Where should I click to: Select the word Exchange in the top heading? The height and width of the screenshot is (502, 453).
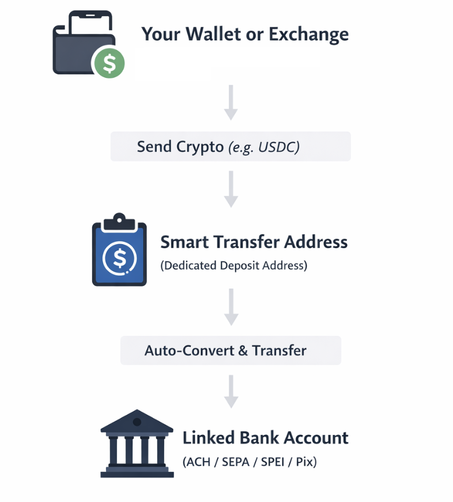click(x=308, y=35)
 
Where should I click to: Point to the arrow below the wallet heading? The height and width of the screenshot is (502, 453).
click(x=231, y=103)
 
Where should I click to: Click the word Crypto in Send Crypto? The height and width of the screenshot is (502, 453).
click(x=200, y=147)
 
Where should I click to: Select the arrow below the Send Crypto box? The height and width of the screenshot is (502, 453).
click(x=231, y=189)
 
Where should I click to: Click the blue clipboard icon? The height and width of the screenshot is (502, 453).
click(x=119, y=250)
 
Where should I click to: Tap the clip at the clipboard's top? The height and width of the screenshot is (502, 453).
click(x=119, y=222)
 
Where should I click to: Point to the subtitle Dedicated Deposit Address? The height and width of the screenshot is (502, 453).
click(x=233, y=265)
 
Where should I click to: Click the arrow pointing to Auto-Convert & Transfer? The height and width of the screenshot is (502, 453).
click(x=231, y=307)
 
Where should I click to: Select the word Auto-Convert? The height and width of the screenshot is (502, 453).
click(x=189, y=351)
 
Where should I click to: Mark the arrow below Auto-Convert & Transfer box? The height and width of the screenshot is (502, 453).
click(x=231, y=391)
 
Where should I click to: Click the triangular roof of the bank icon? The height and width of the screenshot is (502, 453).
click(x=137, y=421)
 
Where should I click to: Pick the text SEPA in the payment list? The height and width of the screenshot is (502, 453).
click(x=236, y=462)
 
